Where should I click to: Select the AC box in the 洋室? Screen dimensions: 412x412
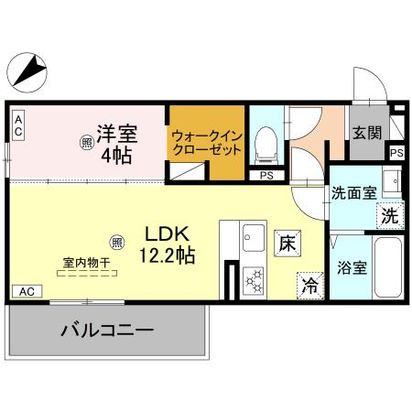click(17, 125)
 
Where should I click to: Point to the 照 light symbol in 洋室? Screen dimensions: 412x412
click(86, 143)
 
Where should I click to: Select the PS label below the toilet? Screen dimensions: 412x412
click(266, 176)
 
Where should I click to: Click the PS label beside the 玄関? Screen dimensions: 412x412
click(396, 153)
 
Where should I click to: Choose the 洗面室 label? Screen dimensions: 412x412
click(353, 193)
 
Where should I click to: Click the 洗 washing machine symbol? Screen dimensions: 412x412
click(388, 217)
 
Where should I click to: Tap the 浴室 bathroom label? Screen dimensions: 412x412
click(353, 268)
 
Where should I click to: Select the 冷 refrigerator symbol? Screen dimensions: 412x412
click(311, 285)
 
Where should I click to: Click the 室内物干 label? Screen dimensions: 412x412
click(87, 264)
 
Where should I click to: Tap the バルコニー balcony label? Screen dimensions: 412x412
click(107, 330)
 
